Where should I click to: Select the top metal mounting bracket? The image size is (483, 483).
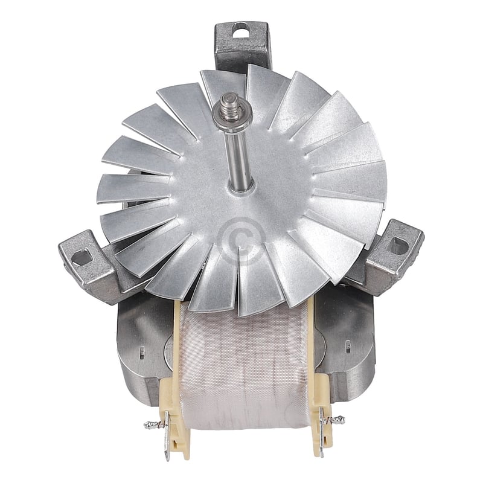click(x=243, y=45)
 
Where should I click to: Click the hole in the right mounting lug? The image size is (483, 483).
click(x=398, y=245)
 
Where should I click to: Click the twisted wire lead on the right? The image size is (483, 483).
click(x=334, y=419)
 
